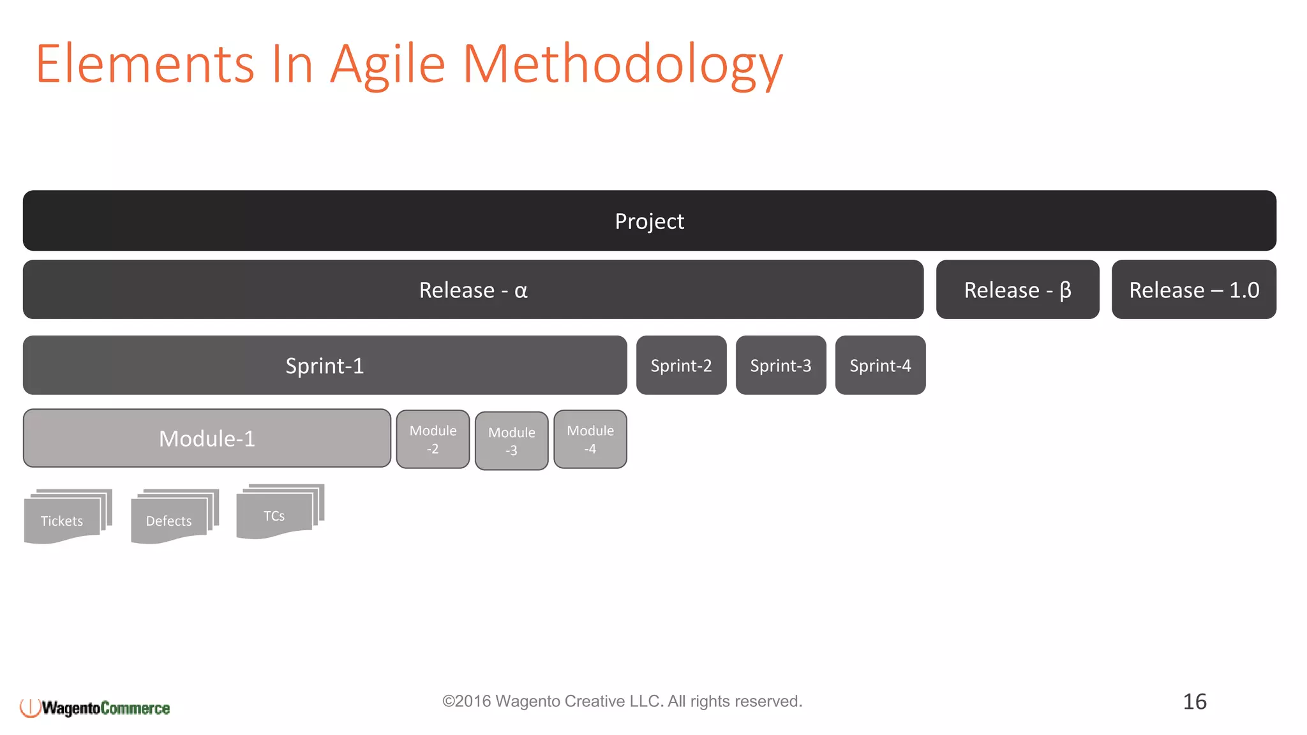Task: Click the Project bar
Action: click(x=649, y=221)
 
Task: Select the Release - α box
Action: click(x=473, y=290)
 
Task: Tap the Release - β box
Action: click(x=1017, y=290)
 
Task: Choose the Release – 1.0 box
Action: click(x=1193, y=290)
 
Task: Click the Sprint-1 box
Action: click(x=324, y=366)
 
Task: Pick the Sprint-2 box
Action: click(x=681, y=366)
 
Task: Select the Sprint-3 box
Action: click(x=780, y=366)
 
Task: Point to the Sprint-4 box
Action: click(x=880, y=366)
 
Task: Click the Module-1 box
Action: click(x=207, y=438)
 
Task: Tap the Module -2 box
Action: click(x=433, y=440)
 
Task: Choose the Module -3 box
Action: click(x=511, y=441)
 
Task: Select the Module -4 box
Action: click(x=590, y=440)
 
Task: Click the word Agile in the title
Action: click(x=387, y=64)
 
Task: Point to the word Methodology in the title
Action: click(x=622, y=64)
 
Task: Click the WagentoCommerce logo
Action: click(x=95, y=708)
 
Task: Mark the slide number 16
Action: click(x=1194, y=702)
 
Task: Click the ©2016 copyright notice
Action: click(x=622, y=701)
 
